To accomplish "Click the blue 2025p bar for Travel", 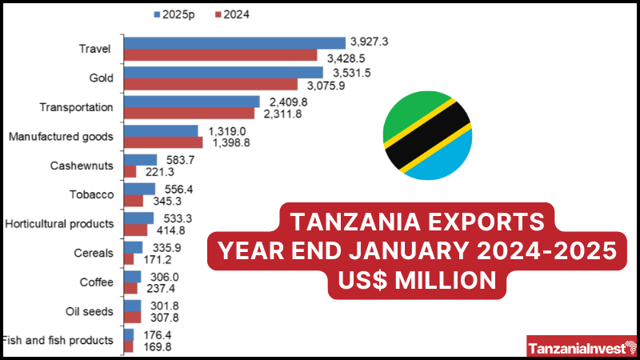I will click(x=235, y=42).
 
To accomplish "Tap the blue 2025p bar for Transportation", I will click(x=192, y=102).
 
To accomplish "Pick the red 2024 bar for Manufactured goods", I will click(x=163, y=142).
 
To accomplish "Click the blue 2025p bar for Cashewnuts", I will click(x=140, y=160).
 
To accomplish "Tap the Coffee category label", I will click(x=96, y=282).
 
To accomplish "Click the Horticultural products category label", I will click(x=58, y=223).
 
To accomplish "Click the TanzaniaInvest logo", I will click(x=581, y=348).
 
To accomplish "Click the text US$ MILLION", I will click(x=412, y=280).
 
